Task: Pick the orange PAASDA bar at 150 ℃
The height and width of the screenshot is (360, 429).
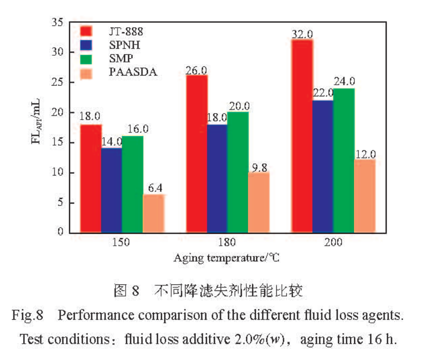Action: tap(154, 213)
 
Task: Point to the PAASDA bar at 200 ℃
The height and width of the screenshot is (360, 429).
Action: tap(365, 196)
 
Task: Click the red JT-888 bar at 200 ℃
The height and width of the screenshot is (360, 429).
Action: tap(302, 136)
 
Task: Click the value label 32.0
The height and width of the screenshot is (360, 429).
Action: tap(302, 34)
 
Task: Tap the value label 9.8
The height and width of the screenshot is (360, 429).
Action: tap(259, 167)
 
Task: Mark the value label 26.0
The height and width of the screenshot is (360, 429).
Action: tap(196, 70)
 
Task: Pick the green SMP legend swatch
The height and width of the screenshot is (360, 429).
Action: tap(86, 59)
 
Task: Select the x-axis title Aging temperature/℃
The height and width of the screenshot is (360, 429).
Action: tap(226, 258)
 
